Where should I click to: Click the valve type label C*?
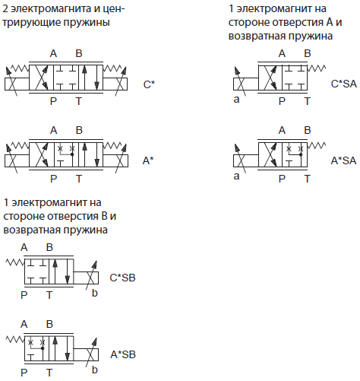tap(149, 84)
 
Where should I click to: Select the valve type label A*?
tap(148, 160)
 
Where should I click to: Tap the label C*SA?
tap(344, 84)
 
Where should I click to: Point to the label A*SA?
tap(343, 160)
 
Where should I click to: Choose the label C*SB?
tap(122, 278)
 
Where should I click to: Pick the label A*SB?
tap(123, 354)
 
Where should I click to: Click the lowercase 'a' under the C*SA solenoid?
tap(236, 100)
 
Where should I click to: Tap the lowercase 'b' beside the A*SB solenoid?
tap(95, 370)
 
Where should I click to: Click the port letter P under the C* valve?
tap(53, 101)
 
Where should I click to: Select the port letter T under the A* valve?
tap(79, 179)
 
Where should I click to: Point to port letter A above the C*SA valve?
tap(282, 53)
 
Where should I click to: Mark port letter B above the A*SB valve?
tap(49, 324)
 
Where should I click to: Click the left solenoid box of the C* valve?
tap(17, 84)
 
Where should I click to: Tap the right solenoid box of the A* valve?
tap(115, 160)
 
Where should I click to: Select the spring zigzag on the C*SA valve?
tap(317, 68)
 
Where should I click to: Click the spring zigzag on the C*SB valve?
tap(15, 262)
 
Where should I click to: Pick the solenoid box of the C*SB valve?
tap(86, 278)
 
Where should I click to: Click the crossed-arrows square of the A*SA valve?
tap(270, 154)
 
